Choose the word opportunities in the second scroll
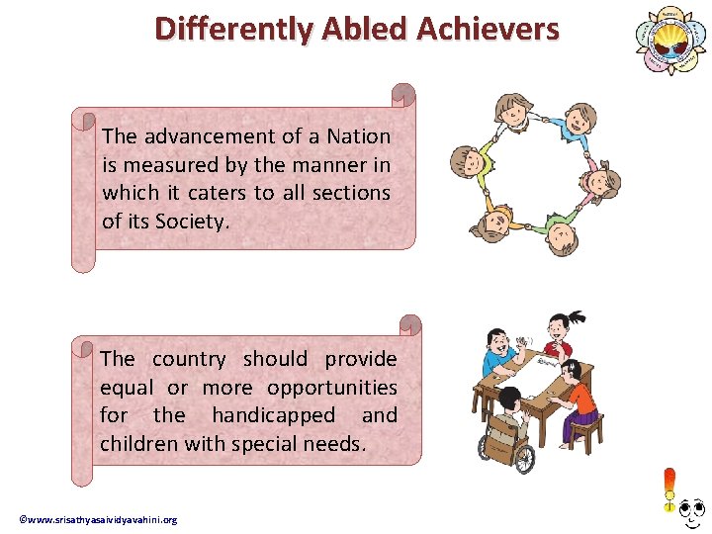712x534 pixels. [x=331, y=388]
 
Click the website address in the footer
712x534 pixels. [x=99, y=520]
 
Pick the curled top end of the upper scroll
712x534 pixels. [x=402, y=95]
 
